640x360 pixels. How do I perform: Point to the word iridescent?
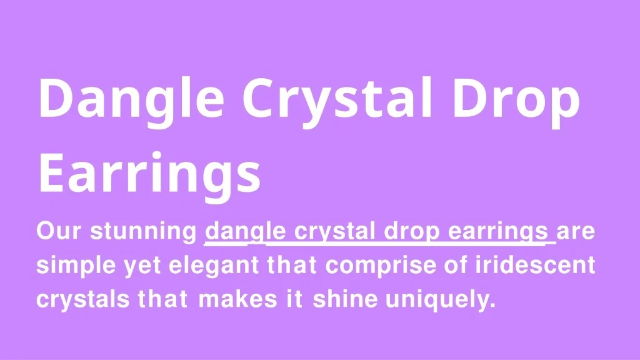(535, 265)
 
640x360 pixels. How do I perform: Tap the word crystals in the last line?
(83, 300)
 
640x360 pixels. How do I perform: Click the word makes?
(238, 299)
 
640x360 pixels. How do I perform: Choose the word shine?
(345, 299)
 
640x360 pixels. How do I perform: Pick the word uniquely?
(441, 300)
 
